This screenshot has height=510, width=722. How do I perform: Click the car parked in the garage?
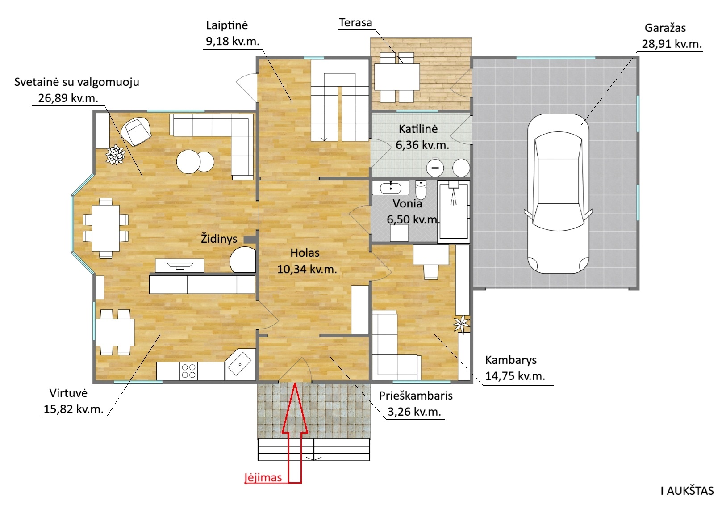coord(558,194)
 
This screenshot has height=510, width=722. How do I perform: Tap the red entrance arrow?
coord(295,432)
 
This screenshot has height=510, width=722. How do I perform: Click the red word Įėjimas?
coord(263,477)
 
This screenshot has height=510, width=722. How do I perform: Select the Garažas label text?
coord(665,28)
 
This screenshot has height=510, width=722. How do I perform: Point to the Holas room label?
coord(305,253)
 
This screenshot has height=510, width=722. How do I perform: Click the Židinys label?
coord(219,238)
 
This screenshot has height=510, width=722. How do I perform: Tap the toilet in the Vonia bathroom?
coord(421,190)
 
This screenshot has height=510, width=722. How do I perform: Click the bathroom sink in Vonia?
coord(391,187)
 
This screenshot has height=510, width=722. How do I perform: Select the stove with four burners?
coord(188,371)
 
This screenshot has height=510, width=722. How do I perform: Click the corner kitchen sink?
coord(240,364)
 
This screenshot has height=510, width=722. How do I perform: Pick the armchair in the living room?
coord(137,131)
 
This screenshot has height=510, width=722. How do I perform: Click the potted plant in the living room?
coord(115,154)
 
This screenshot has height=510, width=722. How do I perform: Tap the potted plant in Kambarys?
coord(462,324)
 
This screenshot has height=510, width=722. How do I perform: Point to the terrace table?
coord(397,77)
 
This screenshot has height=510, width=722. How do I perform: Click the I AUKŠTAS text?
coord(687,491)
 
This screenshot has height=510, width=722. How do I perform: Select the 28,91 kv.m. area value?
coord(672,44)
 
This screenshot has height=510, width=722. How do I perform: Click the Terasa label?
coord(355,23)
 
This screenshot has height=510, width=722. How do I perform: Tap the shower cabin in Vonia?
coord(454,211)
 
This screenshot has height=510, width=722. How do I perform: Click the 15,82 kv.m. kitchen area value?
coord(74,409)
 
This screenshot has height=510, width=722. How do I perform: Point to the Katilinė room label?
coord(418,129)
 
